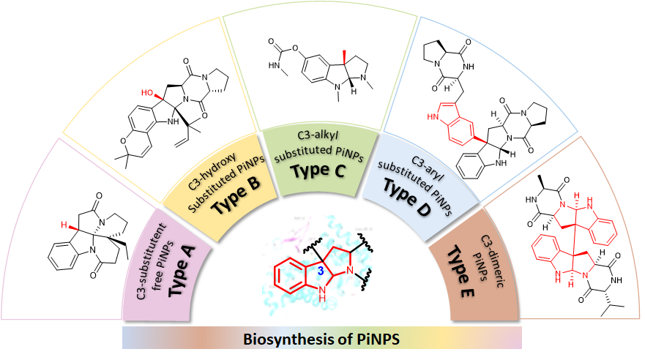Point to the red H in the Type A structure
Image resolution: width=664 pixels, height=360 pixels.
pyautogui.click(x=64, y=223)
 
